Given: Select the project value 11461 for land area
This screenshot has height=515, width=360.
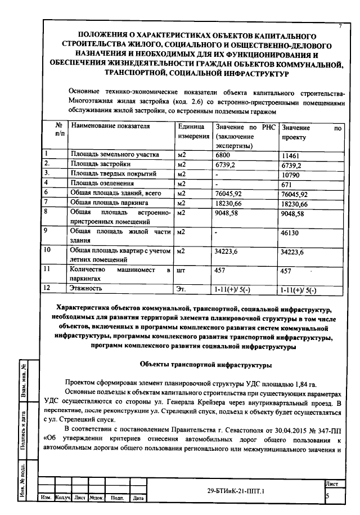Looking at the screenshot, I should [x=292, y=154].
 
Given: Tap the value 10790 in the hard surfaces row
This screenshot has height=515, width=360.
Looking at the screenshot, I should [x=292, y=174].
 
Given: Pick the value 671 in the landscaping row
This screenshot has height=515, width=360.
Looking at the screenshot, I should [x=288, y=185].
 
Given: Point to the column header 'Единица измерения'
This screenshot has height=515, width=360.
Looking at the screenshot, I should [x=193, y=132].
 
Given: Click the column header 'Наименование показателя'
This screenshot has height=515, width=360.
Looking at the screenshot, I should [x=111, y=127].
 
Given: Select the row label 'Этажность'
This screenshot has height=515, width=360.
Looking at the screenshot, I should [x=86, y=289].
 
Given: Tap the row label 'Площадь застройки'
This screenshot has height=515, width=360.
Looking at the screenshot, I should [x=101, y=164].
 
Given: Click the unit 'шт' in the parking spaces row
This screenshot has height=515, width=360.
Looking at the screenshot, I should [x=182, y=270].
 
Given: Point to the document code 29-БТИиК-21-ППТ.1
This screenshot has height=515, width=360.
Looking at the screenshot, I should [x=236, y=491].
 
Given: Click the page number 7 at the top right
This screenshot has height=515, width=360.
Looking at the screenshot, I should [x=340, y=26].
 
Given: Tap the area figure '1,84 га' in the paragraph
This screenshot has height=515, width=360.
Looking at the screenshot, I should [x=318, y=381].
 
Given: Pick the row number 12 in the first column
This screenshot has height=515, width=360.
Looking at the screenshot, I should [x=48, y=288].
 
